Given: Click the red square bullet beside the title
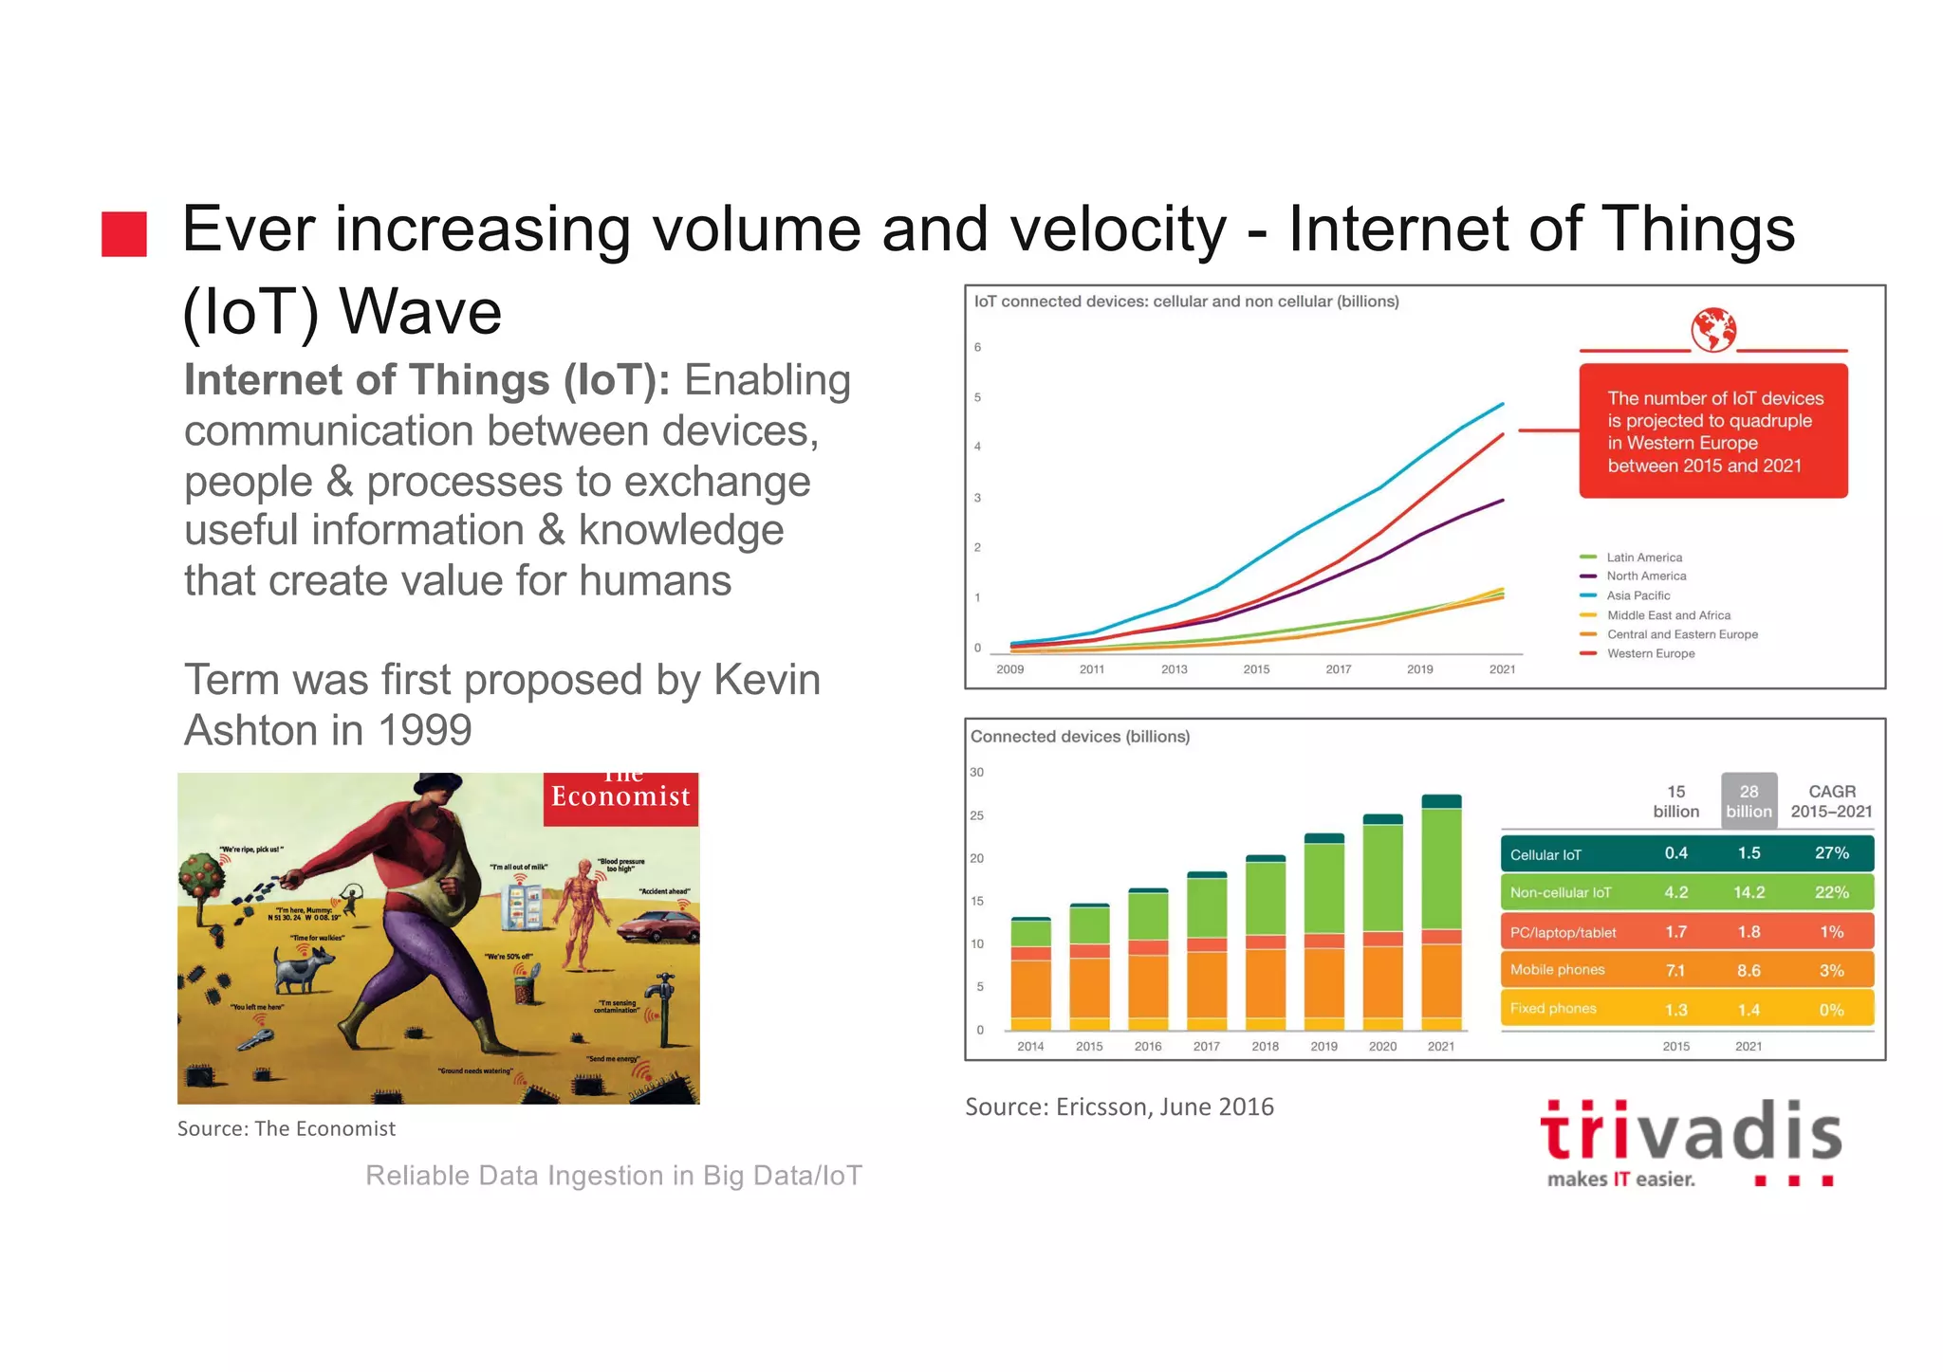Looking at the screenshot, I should click(x=124, y=234).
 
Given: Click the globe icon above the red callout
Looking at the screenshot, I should click(x=1713, y=330).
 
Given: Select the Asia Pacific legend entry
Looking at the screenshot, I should click(x=1638, y=595).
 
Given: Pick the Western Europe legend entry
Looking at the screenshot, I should click(x=1650, y=653).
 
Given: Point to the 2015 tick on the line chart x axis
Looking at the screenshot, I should click(x=1256, y=669).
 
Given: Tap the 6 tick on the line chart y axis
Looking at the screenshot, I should click(x=977, y=347).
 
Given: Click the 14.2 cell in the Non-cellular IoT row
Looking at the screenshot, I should click(x=1749, y=892).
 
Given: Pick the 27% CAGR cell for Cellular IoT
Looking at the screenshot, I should click(x=1831, y=853).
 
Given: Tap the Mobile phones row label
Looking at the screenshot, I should click(x=1557, y=970).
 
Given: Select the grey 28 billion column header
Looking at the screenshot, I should click(x=1749, y=801).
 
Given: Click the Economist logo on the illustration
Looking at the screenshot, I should click(x=621, y=796).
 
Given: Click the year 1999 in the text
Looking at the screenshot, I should click(x=424, y=730).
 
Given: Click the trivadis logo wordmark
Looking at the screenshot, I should click(x=1691, y=1133).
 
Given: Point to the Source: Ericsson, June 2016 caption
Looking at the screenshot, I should click(x=1119, y=1107).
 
